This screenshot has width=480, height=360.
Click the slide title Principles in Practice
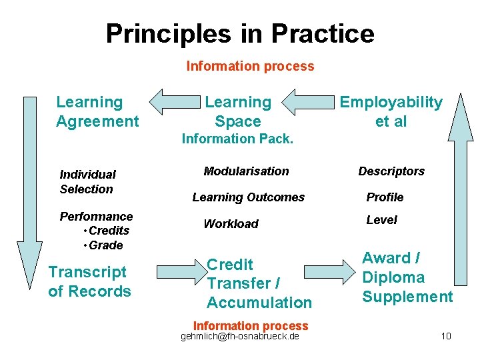240,33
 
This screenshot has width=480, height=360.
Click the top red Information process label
250,66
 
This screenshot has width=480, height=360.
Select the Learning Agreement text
97,111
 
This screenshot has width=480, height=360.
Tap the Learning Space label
238,111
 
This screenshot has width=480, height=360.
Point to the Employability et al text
391,111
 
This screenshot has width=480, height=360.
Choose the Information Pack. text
237,139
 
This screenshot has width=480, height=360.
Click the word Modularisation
246,171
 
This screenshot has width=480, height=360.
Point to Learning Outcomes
248,197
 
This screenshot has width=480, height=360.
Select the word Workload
231,224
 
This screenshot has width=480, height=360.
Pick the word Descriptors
391,171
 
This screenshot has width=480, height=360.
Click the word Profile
385,197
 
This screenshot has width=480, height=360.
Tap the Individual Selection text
87,181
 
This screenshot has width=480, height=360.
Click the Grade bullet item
105,245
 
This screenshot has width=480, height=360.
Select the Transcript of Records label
89,281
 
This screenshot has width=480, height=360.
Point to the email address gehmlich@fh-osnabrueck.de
240,336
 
